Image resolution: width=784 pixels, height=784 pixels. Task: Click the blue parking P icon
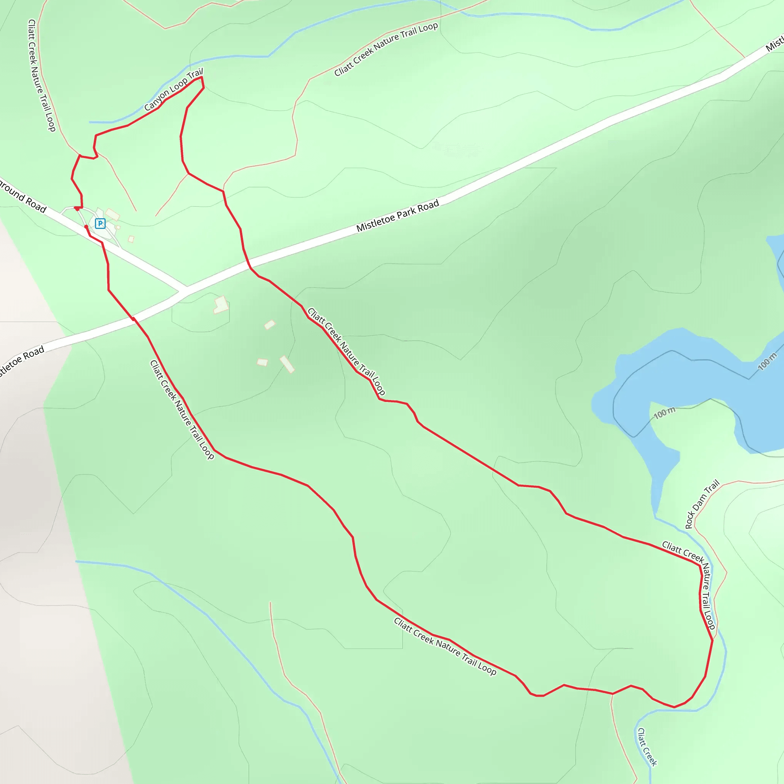[x=100, y=223]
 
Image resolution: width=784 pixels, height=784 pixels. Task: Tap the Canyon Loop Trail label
[x=173, y=90]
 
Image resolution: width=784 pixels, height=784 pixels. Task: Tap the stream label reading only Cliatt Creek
[x=647, y=746]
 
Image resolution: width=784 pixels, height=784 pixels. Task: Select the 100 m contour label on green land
[x=664, y=413]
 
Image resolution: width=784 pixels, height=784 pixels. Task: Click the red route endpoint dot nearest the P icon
[x=86, y=227]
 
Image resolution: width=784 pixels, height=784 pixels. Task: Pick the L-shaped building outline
[x=221, y=305]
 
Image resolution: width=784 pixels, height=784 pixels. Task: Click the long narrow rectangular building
[x=287, y=364]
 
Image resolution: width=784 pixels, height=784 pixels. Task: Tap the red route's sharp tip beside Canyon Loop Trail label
[x=202, y=77]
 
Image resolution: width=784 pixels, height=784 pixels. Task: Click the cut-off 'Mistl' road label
[x=774, y=44]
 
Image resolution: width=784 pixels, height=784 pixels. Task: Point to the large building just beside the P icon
[x=113, y=214]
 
